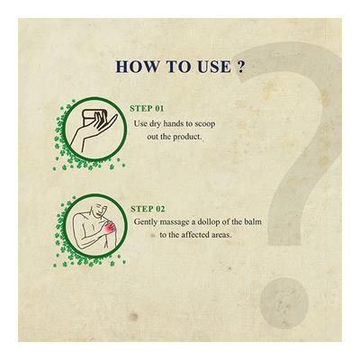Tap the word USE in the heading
click(x=214, y=67)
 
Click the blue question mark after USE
click(x=240, y=67)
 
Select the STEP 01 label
click(x=147, y=109)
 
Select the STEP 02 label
click(x=148, y=209)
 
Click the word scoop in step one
click(x=205, y=124)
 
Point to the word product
click(x=187, y=137)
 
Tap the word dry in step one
click(x=152, y=124)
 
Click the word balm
click(x=254, y=222)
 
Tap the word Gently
click(x=146, y=222)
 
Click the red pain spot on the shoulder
click(x=110, y=229)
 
